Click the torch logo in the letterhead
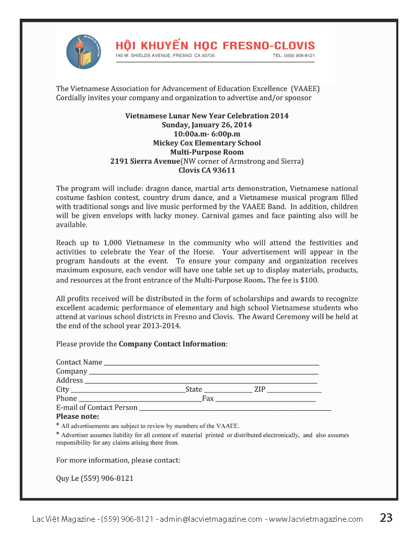pyautogui.click(x=83, y=52)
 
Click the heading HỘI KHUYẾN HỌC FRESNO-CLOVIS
pyautogui.click(x=215, y=45)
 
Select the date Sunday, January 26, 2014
pyautogui.click(x=207, y=125)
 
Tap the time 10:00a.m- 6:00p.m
pyautogui.click(x=207, y=134)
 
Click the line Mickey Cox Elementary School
pyautogui.click(x=207, y=143)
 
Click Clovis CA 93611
pyautogui.click(x=207, y=170)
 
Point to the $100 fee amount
pyautogui.click(x=310, y=280)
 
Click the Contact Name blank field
pyautogui.click(x=211, y=362)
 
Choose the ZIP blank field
pyautogui.click(x=294, y=389)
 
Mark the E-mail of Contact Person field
pyautogui.click(x=235, y=408)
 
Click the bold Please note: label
pyautogui.click(x=77, y=417)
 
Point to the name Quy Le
pyautogui.click(x=67, y=478)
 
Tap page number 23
pyautogui.click(x=386, y=518)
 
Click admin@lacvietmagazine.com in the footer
pyautogui.click(x=211, y=519)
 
